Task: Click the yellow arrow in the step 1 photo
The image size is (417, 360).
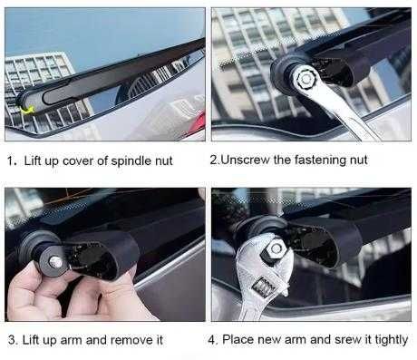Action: point(27,111)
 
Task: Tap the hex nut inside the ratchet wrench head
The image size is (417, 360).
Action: point(305,79)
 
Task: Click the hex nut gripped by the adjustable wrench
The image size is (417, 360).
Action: point(275,250)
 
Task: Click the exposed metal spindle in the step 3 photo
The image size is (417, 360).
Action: point(55,262)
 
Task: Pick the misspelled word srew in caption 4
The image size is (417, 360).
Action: point(347,339)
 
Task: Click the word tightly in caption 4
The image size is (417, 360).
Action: point(392,340)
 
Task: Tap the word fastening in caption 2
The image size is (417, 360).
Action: point(320,160)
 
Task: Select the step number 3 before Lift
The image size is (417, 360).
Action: point(12,340)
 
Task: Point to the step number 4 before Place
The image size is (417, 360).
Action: point(212,340)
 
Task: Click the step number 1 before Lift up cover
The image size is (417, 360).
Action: point(12,161)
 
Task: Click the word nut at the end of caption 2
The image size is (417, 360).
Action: point(359,160)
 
